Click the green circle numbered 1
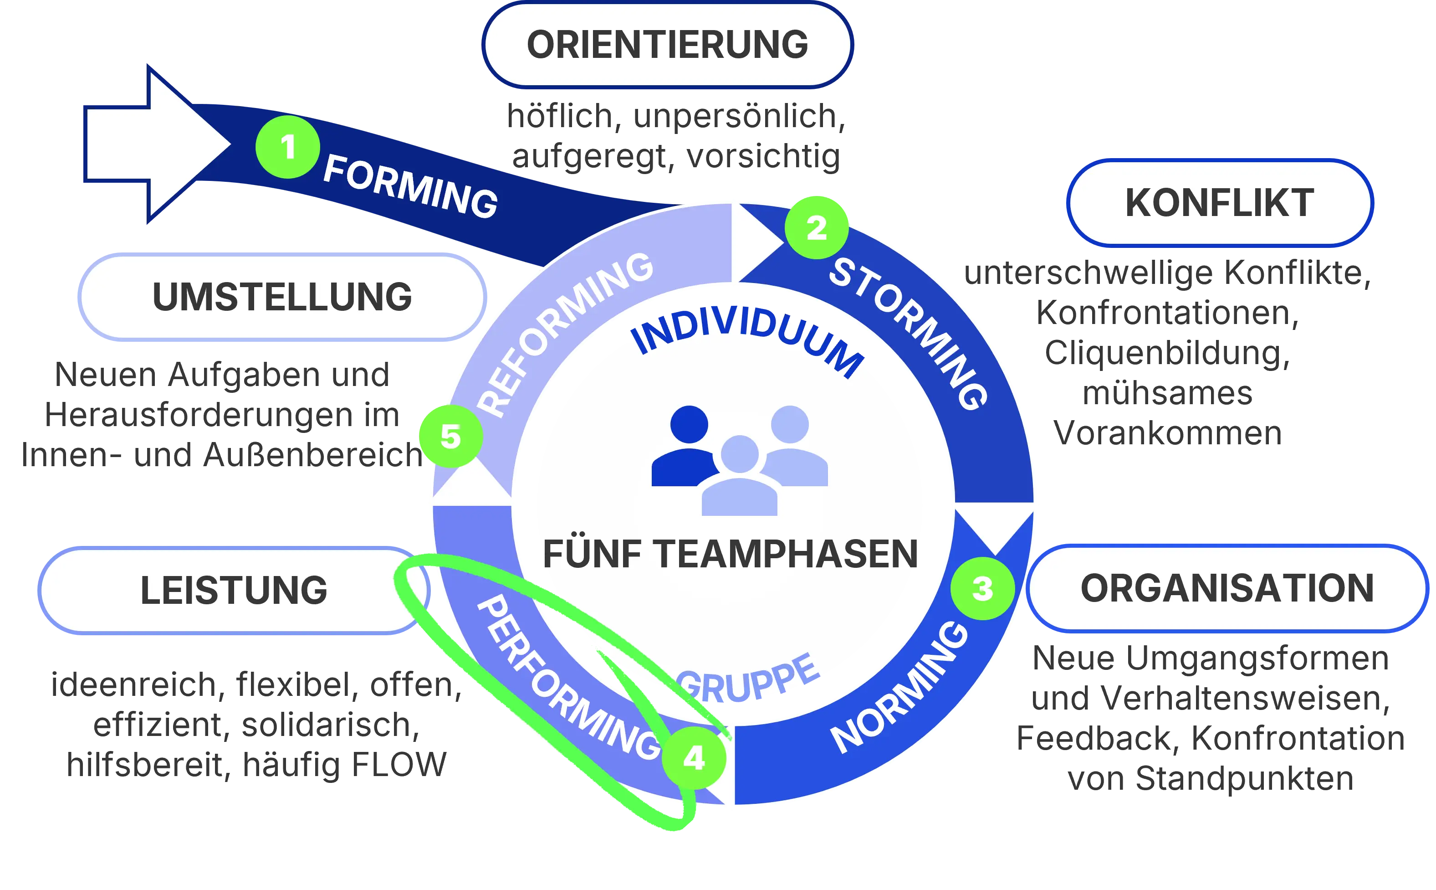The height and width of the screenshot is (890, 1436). pos(288,147)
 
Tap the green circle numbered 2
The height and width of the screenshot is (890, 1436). pos(817,227)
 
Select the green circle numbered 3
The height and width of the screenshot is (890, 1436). pos(982,587)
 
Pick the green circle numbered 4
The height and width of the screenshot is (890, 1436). pos(694,757)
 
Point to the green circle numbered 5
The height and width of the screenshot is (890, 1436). pos(450,436)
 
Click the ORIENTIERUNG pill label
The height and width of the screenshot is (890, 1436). pos(667,45)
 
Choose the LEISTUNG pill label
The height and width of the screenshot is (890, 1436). pos(234,590)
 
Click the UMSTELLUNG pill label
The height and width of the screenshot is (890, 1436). pos(282,297)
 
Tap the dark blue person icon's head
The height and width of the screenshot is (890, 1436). pos(689,424)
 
